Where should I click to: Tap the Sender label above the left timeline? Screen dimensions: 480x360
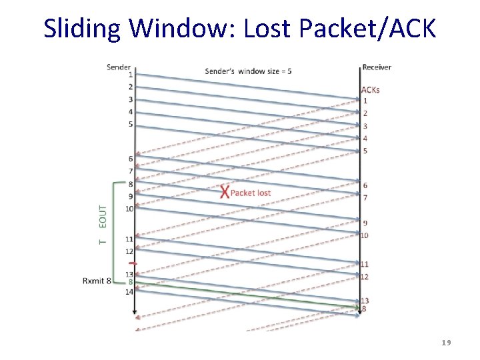coord(119,67)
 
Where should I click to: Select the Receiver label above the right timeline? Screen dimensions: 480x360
coord(377,67)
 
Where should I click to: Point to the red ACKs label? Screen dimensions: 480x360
coord(371,90)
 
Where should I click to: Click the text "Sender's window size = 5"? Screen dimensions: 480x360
coord(248,71)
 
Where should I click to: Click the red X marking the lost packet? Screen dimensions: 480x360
coord(225,193)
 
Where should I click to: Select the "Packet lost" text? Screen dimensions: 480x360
coord(251,193)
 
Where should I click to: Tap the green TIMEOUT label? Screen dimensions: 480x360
coord(103,224)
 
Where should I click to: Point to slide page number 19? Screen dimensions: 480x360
coord(446,343)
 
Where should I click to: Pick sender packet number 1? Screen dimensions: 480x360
coord(131,75)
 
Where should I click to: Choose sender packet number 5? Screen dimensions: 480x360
coord(131,124)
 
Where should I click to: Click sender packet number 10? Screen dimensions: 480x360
coord(129,209)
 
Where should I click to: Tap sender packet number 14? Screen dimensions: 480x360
coord(129,291)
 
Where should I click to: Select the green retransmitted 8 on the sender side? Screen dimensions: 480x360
coord(131,282)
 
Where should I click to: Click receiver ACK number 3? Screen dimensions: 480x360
coord(365,126)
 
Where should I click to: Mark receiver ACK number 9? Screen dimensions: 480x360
coord(365,223)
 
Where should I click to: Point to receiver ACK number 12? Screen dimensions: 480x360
coord(365,277)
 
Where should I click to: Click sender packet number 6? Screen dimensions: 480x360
coord(131,159)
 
